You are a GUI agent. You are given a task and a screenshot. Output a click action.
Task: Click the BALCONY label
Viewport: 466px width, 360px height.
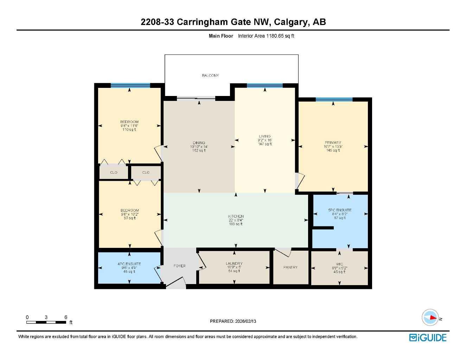click(x=210, y=76)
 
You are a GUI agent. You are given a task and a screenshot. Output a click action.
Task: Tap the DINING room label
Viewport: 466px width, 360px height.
click(x=199, y=143)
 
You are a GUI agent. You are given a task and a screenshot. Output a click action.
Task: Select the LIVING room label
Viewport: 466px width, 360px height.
click(x=265, y=136)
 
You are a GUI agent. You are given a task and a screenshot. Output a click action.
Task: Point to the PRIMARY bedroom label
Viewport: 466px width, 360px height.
click(x=333, y=143)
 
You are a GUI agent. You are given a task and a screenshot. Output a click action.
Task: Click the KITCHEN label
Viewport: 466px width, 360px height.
click(x=236, y=217)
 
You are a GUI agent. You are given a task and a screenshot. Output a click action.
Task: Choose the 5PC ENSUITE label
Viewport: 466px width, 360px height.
click(x=340, y=210)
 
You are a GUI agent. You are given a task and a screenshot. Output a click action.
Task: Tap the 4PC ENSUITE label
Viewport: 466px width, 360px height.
click(x=129, y=264)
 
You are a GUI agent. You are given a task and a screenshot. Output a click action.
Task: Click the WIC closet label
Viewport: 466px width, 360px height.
click(x=339, y=264)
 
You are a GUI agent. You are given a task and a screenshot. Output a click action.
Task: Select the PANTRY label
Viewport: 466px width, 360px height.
click(x=291, y=268)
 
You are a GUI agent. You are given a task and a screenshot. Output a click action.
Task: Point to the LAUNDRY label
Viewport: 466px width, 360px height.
click(x=234, y=264)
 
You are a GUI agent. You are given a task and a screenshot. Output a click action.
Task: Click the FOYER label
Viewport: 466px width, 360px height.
click(x=179, y=266)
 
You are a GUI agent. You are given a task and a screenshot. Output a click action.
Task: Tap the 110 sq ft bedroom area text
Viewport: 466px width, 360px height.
click(x=129, y=130)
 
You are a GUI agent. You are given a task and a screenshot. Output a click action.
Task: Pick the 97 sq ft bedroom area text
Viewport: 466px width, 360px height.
click(x=129, y=218)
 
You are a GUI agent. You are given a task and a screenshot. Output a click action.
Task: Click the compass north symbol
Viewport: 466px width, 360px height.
click(x=430, y=317)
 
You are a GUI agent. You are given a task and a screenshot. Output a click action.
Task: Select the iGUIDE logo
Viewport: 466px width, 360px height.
click(x=428, y=338)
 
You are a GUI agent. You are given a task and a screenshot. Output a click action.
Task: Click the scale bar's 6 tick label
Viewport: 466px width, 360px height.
click(x=66, y=317)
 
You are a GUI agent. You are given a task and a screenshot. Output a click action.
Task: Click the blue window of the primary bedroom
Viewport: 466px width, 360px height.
click(x=334, y=99)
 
